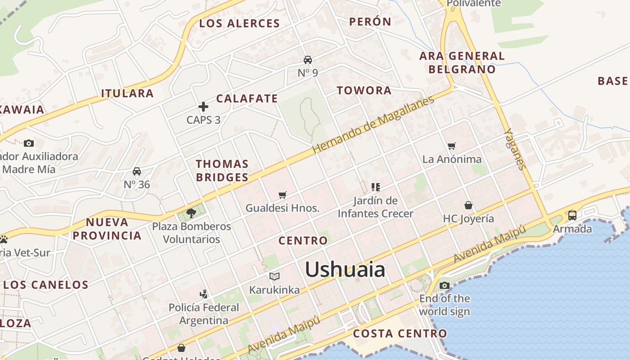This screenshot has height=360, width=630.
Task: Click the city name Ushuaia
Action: pos(345,270)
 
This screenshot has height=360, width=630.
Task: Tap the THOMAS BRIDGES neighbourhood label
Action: pos(222,171)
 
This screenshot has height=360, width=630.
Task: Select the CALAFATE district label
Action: pos(247,99)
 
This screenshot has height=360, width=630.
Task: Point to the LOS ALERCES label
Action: pos(239,23)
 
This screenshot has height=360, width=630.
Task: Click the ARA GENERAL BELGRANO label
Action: pos(462,63)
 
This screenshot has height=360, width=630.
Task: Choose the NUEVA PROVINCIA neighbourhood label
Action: pos(107,229)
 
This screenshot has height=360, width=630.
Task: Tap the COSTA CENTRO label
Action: pos(400,333)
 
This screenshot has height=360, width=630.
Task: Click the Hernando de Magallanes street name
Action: pos(373,124)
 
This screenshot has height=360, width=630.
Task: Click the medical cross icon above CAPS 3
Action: pos(203,107)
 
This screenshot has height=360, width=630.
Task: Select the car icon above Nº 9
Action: pos(308,60)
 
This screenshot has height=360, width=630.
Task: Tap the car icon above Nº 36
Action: pos(137,171)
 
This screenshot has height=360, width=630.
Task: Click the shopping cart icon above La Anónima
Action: pos(452,146)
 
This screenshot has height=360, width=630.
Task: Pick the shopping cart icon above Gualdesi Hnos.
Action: pos(283,195)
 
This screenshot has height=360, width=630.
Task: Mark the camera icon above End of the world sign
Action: pos(444,285)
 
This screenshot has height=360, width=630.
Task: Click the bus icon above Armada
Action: pos(572,215)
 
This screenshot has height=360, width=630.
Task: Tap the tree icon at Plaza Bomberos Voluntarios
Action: pos(191,213)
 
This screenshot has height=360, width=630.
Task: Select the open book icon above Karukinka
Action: pos(274,276)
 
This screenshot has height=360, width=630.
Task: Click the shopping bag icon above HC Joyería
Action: pos(468,205)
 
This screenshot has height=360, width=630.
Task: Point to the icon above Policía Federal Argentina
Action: pos(203,294)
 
